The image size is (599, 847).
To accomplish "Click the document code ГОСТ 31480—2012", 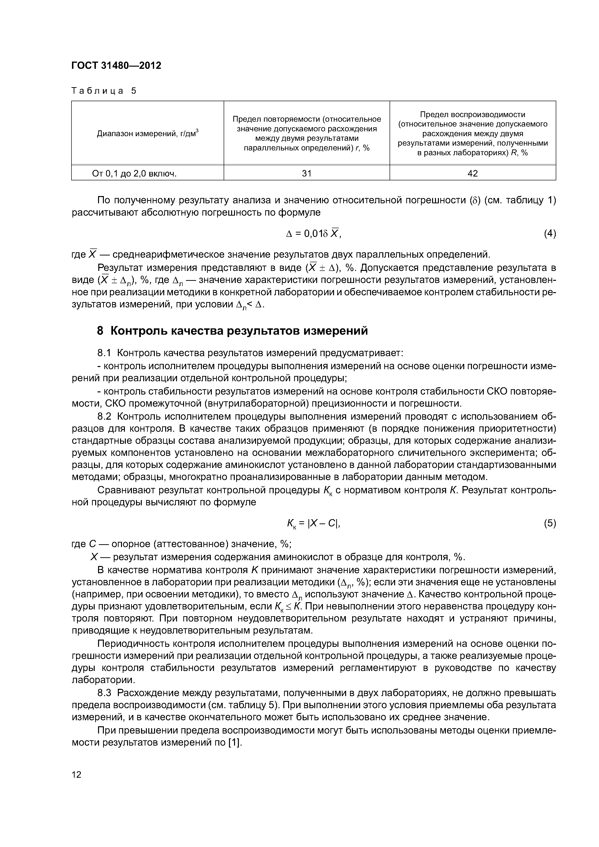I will [116, 66].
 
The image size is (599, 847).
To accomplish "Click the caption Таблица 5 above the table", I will [104, 91].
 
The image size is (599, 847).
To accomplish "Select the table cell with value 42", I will [472, 173].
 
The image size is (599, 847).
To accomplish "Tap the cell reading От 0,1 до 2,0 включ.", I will [134, 173].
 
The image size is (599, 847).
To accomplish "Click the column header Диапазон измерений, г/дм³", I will [148, 134].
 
